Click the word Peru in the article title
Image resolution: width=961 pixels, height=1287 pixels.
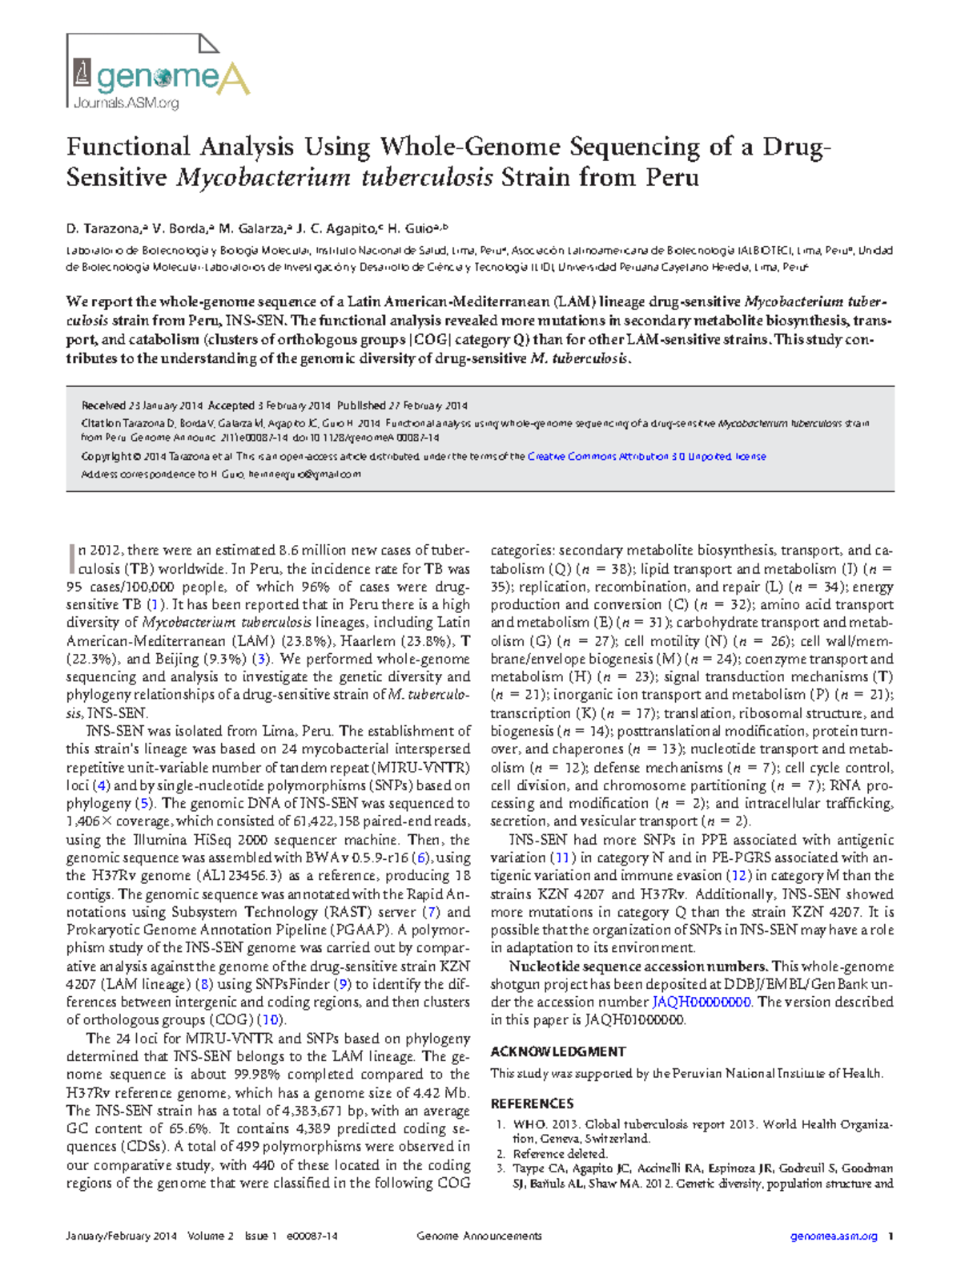click(668, 177)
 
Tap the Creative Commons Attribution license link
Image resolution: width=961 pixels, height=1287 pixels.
click(646, 457)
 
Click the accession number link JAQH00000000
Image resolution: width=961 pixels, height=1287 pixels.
click(701, 1003)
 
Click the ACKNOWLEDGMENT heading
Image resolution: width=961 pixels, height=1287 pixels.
click(557, 1051)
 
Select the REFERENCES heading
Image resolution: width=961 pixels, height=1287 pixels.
click(532, 1103)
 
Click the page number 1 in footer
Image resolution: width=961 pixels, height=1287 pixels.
click(891, 1237)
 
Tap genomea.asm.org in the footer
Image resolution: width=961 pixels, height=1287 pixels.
click(834, 1237)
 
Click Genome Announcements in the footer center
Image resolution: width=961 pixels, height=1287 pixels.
click(479, 1237)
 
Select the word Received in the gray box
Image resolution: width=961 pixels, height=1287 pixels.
click(103, 405)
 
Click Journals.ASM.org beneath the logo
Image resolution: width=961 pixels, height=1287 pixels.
click(126, 103)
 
